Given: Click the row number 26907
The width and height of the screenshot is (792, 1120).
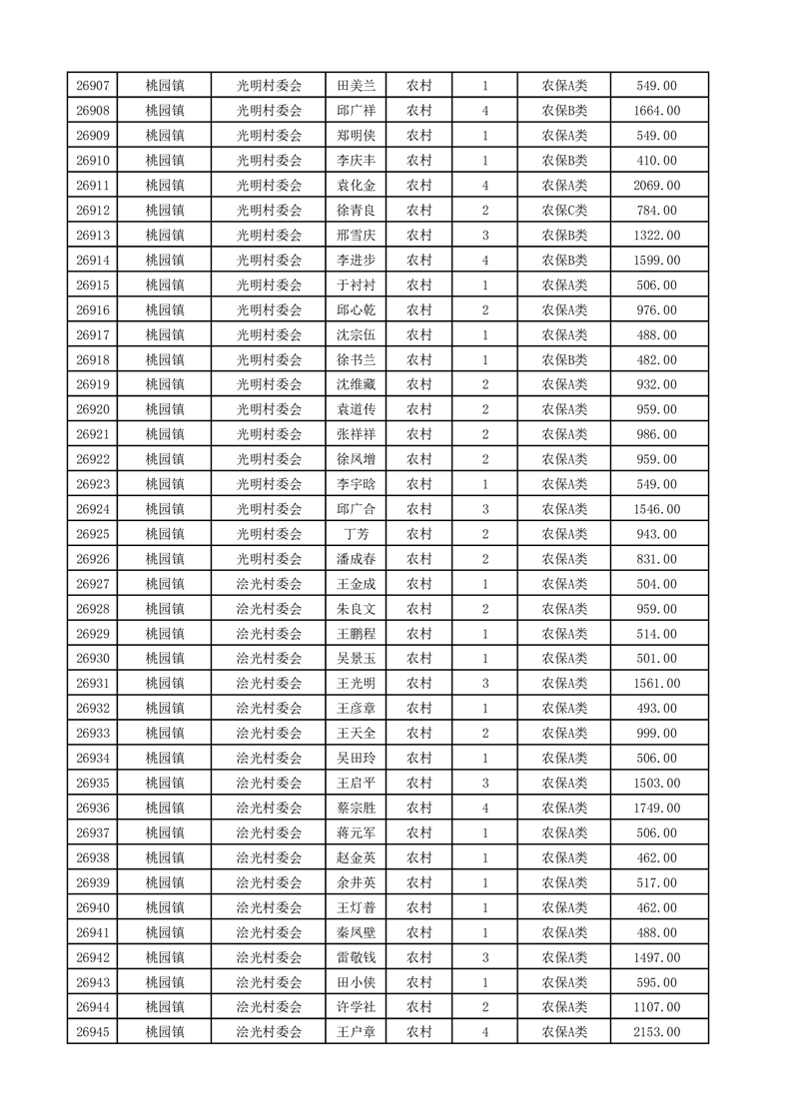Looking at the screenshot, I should click(92, 86).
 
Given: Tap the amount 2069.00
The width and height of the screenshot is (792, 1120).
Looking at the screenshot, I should click(657, 186).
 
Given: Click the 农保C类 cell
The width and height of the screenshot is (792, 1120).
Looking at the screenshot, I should click(564, 211).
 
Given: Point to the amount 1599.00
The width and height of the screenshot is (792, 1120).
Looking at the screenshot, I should click(657, 261).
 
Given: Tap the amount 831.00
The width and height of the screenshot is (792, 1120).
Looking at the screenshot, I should click(657, 559).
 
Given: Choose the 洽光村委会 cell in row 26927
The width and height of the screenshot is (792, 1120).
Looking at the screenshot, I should click(269, 584).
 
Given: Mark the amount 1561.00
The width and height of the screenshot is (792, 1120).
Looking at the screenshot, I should click(657, 684).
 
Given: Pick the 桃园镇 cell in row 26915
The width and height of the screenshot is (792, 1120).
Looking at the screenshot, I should click(164, 285).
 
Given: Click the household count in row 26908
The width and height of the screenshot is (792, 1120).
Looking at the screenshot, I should click(484, 111).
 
